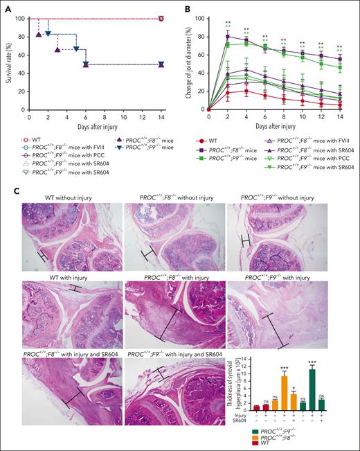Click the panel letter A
pos(6,7)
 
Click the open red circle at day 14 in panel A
pos(161,19)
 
